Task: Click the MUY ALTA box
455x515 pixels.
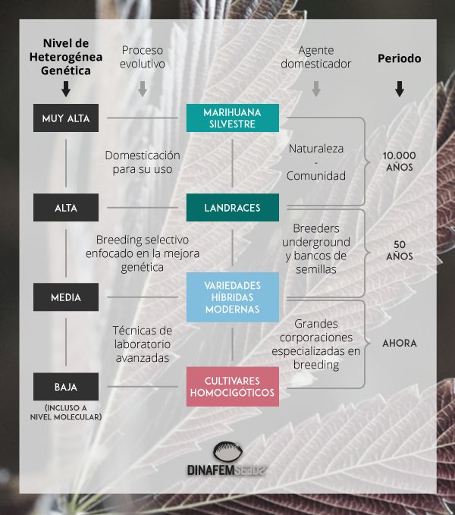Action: tap(66, 118)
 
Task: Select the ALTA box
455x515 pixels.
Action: tap(66, 207)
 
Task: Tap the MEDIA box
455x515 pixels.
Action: tap(66, 297)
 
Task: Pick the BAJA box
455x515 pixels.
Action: tap(66, 386)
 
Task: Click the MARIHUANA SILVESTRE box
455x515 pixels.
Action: tap(233, 118)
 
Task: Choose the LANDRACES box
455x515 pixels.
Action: tap(233, 207)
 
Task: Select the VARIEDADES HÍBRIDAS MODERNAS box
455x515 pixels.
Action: tap(233, 297)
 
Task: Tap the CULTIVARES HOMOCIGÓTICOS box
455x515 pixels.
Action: tap(233, 386)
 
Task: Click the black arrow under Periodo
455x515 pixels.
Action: tap(400, 89)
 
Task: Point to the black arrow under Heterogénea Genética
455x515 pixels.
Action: tap(66, 89)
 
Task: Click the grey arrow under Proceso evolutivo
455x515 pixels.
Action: tap(142, 89)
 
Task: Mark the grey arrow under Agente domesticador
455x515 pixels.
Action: tap(316, 89)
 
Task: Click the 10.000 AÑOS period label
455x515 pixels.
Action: tap(400, 161)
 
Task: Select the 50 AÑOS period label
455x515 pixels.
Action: tap(400, 250)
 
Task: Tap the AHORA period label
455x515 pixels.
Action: tap(400, 343)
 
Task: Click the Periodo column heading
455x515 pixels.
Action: tap(400, 58)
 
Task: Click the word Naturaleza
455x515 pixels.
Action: tap(316, 149)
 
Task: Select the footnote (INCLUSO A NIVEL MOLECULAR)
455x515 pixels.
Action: tap(66, 412)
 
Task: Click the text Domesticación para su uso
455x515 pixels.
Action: tap(143, 161)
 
